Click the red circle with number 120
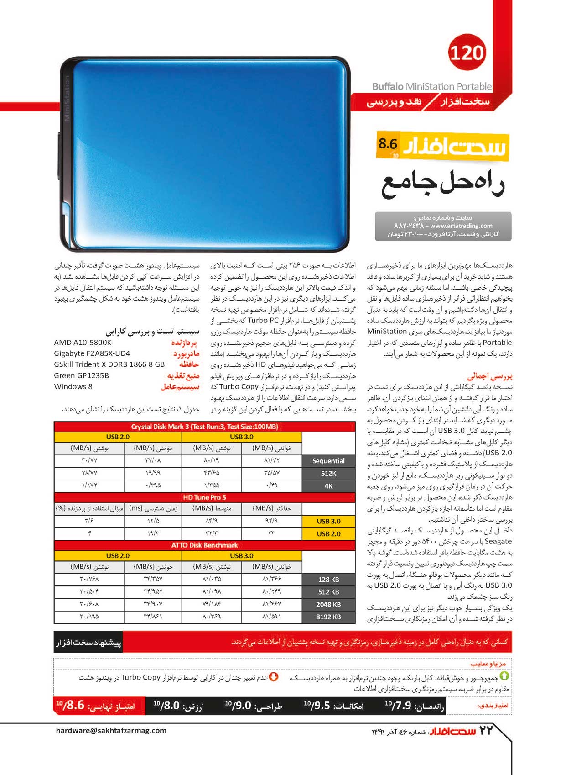tap(467, 53)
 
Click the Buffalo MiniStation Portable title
tap(431, 86)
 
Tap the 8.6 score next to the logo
tap(388, 144)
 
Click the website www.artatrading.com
tap(461, 226)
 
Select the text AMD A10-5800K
tap(83, 343)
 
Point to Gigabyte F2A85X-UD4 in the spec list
tap(92, 353)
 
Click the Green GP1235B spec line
tap(81, 376)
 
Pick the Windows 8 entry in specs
tap(73, 387)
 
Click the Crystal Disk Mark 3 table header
tap(204, 427)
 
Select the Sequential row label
tap(328, 461)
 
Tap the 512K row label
tap(328, 474)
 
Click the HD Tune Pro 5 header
tap(204, 497)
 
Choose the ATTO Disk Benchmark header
tap(204, 545)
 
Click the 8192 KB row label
tap(328, 617)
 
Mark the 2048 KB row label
tap(328, 605)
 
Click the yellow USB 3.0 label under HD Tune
tap(328, 521)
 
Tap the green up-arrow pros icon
tap(504, 676)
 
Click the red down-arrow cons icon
tap(274, 676)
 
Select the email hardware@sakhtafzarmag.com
tap(111, 730)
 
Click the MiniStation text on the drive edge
tap(67, 98)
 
